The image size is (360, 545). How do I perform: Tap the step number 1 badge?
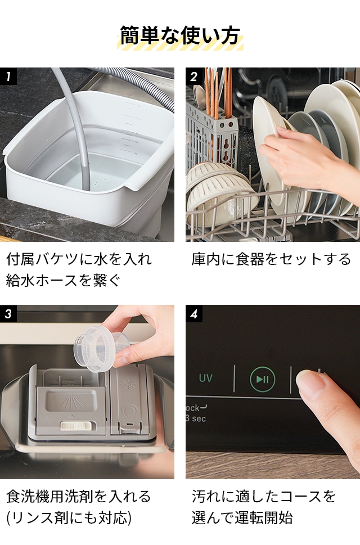pyautogui.click(x=8, y=76)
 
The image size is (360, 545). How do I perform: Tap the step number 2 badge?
pyautogui.click(x=194, y=76)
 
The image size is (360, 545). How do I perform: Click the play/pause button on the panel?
pyautogui.click(x=262, y=379)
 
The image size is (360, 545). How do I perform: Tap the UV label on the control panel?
pyautogui.click(x=206, y=378)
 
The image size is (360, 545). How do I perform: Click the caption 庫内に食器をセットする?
pyautogui.click(x=271, y=259)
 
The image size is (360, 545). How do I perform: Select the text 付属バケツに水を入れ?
pyautogui.click(x=79, y=259)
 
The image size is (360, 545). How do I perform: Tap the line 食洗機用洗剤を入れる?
pyautogui.click(x=79, y=497)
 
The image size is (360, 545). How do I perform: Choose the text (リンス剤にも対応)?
pyautogui.click(x=69, y=517)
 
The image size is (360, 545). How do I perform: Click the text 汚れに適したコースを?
pyautogui.click(x=264, y=497)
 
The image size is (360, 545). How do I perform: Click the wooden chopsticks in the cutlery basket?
pyautogui.click(x=217, y=93)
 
